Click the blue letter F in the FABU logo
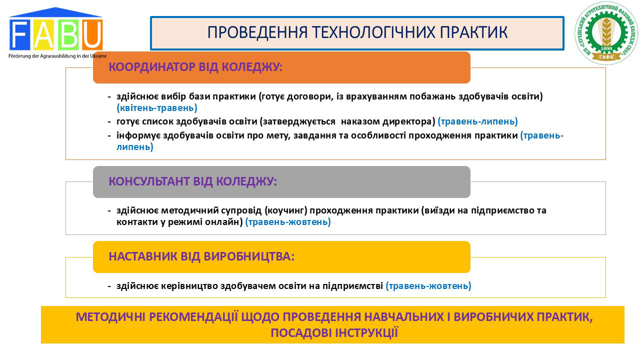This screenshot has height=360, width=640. tap(19, 35)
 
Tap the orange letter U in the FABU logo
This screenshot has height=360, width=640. tap(92, 35)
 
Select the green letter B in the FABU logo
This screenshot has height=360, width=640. tap(68, 35)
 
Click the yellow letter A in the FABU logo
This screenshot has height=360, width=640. tap(43, 35)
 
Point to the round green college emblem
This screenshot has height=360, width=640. tap(606, 33)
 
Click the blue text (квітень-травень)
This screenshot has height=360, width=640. tap(157, 108)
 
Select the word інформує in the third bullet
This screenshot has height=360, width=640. tap(138, 135)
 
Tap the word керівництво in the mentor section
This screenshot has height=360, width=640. tap(189, 286)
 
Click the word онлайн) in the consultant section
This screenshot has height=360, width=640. tap(223, 222)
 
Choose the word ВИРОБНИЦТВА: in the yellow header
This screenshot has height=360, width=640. tap(249, 256)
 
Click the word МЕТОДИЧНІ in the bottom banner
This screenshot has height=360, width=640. tap(110, 317)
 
